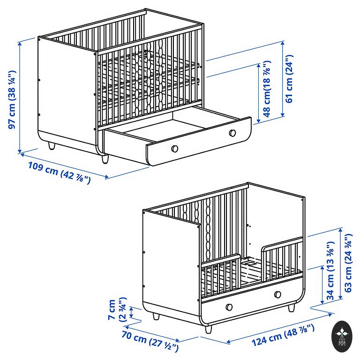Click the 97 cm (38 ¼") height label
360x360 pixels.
(x=12, y=99)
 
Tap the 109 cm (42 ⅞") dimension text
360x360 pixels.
(x=60, y=173)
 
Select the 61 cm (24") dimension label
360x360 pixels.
(x=289, y=79)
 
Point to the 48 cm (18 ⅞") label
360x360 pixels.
(x=267, y=89)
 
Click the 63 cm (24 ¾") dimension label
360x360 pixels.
(x=348, y=262)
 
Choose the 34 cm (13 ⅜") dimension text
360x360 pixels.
(x=330, y=270)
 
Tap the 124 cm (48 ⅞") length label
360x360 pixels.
(x=283, y=335)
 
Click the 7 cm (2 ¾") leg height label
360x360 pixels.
(x=117, y=309)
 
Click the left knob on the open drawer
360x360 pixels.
(x=174, y=149)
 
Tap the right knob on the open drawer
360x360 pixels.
(x=232, y=133)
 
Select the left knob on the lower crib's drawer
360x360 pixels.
(x=229, y=307)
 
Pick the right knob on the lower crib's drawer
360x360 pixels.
(x=277, y=294)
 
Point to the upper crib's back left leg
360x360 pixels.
(x=52, y=146)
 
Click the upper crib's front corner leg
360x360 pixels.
(x=105, y=159)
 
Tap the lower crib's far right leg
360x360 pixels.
(x=292, y=307)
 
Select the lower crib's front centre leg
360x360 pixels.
(x=208, y=329)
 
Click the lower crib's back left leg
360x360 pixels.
(x=156, y=316)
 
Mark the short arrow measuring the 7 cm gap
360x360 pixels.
(x=131, y=313)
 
